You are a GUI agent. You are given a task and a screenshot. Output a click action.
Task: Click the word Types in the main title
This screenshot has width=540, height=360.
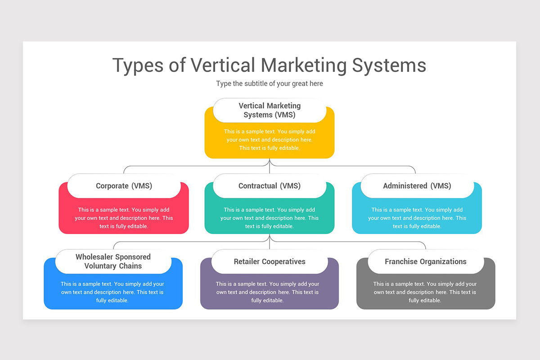[x=138, y=65]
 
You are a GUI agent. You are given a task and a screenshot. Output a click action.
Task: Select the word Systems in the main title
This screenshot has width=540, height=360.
[x=389, y=65]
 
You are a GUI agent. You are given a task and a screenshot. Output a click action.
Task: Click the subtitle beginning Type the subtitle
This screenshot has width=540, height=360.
[x=270, y=84]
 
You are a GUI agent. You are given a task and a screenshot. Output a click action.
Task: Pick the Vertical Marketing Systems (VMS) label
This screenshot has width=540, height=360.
[x=270, y=110]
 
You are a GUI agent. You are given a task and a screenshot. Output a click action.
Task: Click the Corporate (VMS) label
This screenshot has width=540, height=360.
[x=124, y=186]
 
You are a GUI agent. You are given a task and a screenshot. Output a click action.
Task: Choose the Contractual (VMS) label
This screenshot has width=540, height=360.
[x=270, y=186]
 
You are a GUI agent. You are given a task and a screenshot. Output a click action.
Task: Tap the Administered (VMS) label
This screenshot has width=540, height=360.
[x=417, y=186]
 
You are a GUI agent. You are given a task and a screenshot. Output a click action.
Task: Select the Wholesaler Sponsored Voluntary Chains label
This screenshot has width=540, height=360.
[x=113, y=261]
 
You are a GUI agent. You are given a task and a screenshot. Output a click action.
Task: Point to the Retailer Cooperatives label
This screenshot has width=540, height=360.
[x=270, y=261]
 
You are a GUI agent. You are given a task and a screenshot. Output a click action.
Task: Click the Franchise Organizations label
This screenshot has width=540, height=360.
[x=426, y=261]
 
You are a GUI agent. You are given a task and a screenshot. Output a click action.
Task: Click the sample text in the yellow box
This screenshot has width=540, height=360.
[x=270, y=140]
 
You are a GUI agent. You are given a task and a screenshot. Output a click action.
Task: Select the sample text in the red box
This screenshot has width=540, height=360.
[x=124, y=218]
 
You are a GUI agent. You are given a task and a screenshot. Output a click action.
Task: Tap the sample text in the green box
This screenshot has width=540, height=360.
[x=270, y=218]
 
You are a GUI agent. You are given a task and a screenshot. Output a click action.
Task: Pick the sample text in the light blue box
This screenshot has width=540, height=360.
[x=417, y=218]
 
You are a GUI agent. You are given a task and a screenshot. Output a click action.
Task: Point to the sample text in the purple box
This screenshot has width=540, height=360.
[x=268, y=292]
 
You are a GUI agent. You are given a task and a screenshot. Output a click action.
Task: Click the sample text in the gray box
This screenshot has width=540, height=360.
[x=425, y=292]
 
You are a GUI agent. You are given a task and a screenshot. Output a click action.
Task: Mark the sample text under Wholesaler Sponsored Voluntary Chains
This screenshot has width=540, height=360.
[x=112, y=292]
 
